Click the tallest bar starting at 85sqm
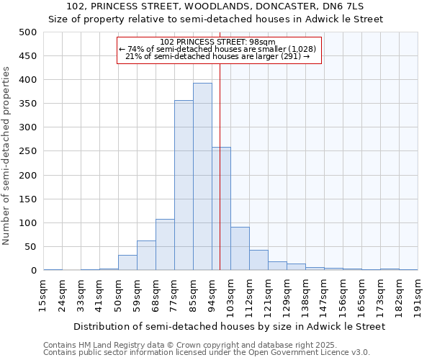(x=202, y=176)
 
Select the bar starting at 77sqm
(x=184, y=185)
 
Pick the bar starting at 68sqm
(x=165, y=245)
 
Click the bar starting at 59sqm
(x=146, y=256)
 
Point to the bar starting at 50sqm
(x=127, y=263)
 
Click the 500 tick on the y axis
(x=28, y=32)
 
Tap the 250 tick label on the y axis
(x=28, y=151)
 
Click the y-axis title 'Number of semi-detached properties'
(x=7, y=156)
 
